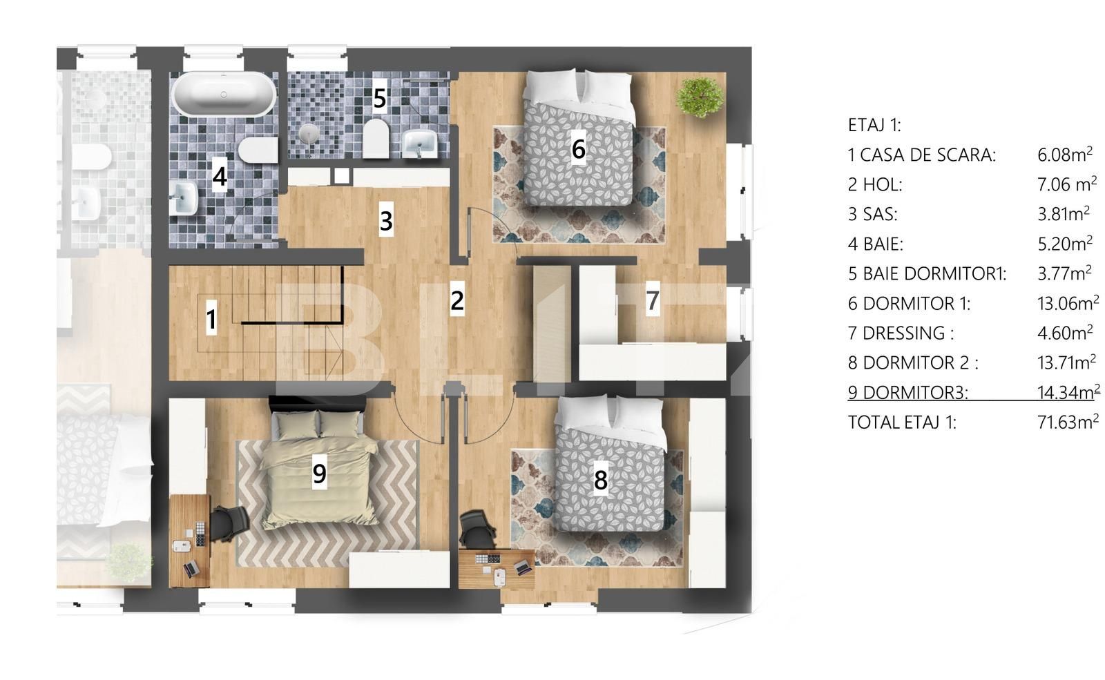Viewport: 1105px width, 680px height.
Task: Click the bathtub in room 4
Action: coord(223,95)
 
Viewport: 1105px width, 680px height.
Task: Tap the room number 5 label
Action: coord(379,99)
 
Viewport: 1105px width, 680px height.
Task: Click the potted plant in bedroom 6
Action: coord(700,97)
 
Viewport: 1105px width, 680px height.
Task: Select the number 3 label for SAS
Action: coord(386,221)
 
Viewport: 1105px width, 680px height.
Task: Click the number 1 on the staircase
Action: coord(211,320)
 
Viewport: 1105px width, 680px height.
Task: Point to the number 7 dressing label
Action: coord(652,301)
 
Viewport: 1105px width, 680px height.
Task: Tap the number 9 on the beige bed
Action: coord(319,474)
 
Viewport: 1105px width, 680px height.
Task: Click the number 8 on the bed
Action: coord(600,479)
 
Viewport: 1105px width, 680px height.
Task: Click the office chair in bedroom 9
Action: coord(228,523)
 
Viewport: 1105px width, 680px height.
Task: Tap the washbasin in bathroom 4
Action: coord(183,196)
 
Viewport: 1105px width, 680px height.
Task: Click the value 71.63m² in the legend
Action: coord(1067,422)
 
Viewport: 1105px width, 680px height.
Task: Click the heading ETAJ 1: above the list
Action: coord(874,126)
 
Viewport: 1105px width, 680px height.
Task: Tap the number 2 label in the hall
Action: coord(457,300)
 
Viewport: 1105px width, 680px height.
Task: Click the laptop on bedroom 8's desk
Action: coord(522,567)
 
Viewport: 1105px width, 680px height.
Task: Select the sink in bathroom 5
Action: coord(419,144)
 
